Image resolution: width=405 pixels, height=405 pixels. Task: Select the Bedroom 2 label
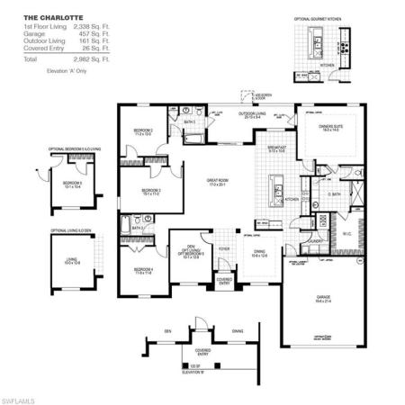pyautogui.click(x=143, y=131)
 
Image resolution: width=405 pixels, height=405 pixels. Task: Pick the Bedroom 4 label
pyautogui.click(x=144, y=270)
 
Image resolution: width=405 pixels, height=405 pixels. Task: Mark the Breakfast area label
pyautogui.click(x=277, y=148)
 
